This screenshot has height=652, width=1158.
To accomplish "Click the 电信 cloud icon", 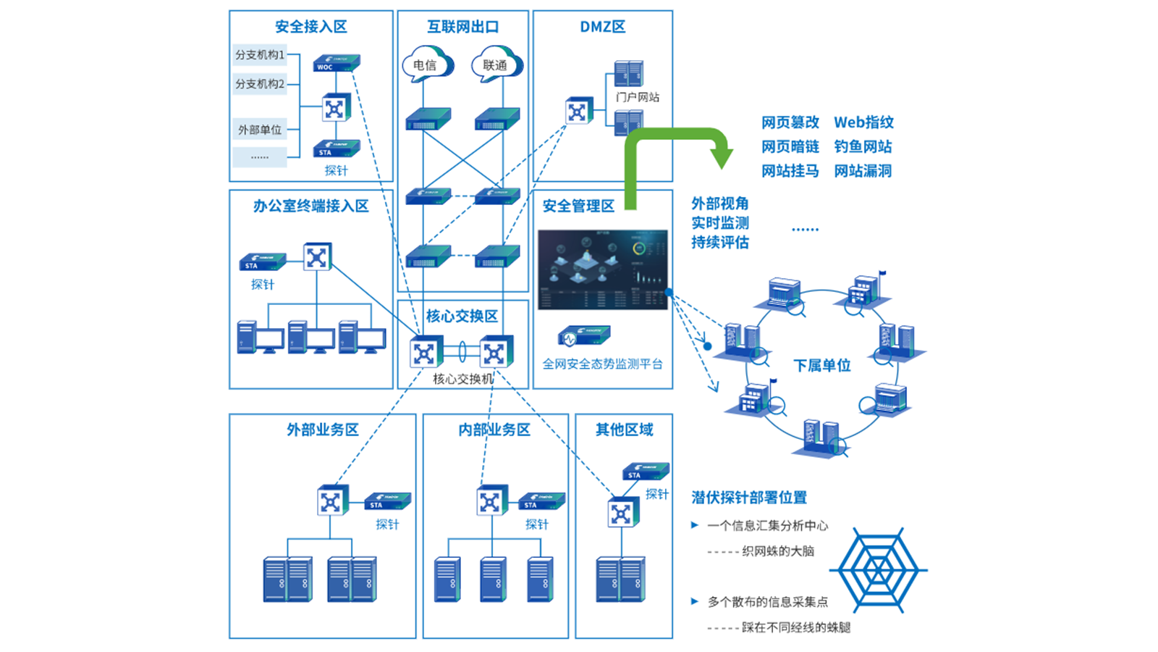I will (x=427, y=64).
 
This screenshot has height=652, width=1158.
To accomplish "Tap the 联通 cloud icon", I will (x=496, y=64).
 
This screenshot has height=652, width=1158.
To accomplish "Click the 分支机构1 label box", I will (x=259, y=54).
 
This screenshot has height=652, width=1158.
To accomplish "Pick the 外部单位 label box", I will (x=259, y=130).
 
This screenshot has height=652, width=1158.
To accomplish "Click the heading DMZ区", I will (x=602, y=27).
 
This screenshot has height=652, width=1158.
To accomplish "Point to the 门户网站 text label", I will (x=637, y=97).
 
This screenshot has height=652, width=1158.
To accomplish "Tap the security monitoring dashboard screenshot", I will (x=602, y=269).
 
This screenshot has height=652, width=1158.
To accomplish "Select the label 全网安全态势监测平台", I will (x=602, y=364).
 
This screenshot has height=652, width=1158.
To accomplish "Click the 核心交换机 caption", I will (x=462, y=378).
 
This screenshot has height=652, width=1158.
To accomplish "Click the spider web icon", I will (x=878, y=569).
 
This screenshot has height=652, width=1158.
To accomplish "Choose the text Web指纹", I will (x=863, y=122).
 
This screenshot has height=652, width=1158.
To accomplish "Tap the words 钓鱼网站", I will (x=863, y=146).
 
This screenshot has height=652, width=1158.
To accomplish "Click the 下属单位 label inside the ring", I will (x=821, y=365).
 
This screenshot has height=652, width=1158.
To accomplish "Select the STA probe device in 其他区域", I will (x=645, y=472).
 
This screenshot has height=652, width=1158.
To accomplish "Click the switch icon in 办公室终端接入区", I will (x=317, y=256).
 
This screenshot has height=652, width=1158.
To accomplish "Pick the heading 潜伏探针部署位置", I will (x=749, y=497).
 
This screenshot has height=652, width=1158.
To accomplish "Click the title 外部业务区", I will (x=322, y=430).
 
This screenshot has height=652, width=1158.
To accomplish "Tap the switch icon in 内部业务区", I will (x=491, y=501).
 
